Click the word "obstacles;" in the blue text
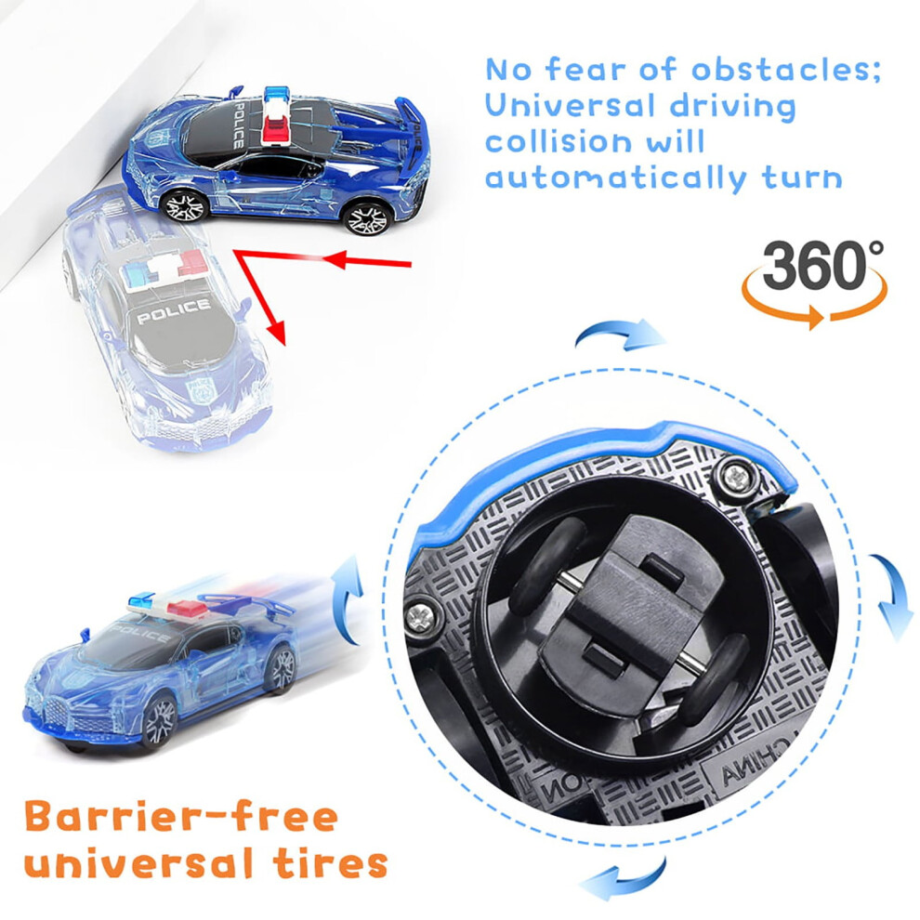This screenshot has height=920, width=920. tap(786, 70)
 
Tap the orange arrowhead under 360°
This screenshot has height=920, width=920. tap(815, 317)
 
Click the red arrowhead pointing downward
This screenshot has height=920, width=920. tap(276, 333)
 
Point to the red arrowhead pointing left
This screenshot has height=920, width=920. tap(335, 258)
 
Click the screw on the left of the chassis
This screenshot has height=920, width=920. tap(420, 615)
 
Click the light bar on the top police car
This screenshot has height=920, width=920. tap(277, 114)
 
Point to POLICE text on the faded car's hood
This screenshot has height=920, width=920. tap(174, 310)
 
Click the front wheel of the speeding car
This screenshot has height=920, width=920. tap(157, 720)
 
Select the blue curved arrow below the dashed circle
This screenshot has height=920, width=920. tap(624, 878)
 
